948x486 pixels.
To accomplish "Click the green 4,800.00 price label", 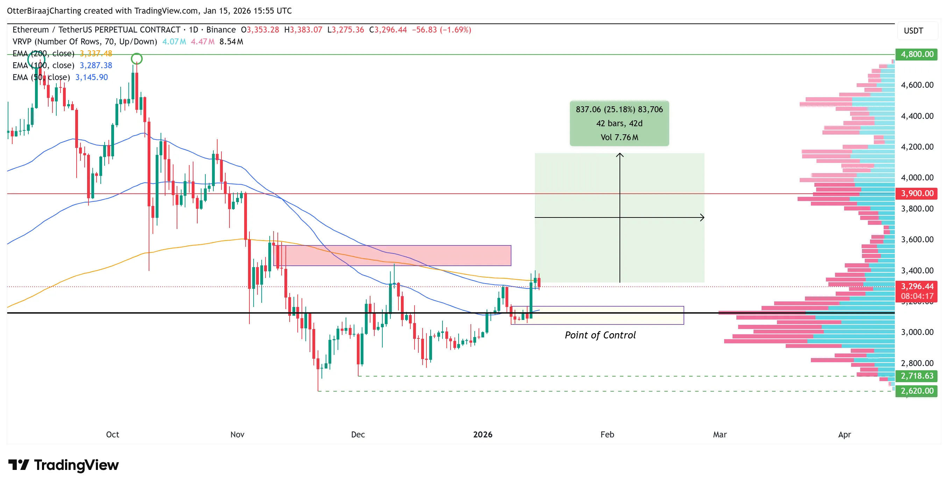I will point(917,55).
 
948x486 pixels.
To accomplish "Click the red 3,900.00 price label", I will point(917,193).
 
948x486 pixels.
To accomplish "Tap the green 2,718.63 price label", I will point(917,376).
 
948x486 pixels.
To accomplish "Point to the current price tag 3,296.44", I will point(917,287).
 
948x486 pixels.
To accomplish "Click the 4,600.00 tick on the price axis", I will point(917,85).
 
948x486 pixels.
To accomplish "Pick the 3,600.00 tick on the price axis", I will point(917,240).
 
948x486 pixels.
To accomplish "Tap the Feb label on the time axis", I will point(607,435).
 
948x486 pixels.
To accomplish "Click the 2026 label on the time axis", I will point(482,435).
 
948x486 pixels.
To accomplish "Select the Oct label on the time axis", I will point(112,435).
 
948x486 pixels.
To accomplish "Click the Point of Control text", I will point(600,335).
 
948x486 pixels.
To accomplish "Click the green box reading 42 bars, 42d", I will point(620,123).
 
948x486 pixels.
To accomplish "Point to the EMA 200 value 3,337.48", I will point(96,54).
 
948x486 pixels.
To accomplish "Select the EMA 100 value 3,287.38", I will point(96,65).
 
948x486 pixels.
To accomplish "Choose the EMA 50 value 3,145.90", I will point(92,77).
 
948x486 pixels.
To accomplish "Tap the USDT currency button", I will point(913,31).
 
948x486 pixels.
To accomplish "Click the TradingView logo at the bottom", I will point(63,465).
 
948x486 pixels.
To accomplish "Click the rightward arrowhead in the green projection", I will point(702,218).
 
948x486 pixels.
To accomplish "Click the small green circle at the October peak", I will point(136,58).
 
